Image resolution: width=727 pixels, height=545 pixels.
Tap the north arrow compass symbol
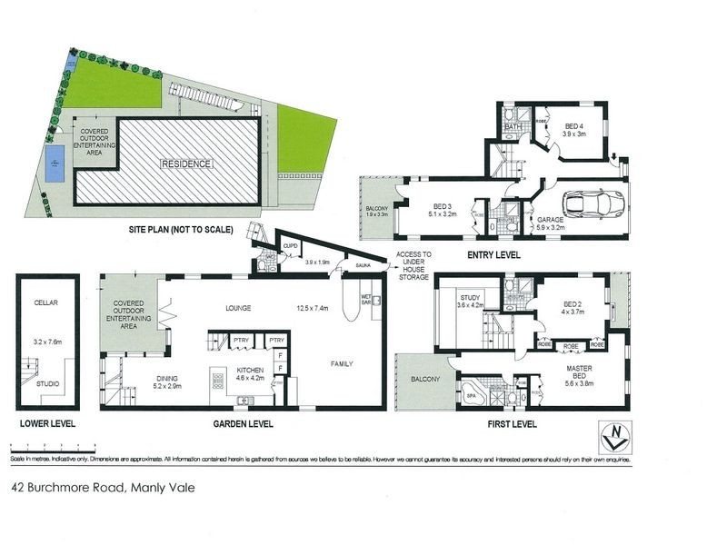click(614, 439)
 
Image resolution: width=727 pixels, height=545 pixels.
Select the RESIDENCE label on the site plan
click(187, 163)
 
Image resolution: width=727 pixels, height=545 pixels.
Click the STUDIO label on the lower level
click(47, 383)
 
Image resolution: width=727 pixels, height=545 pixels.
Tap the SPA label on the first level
click(470, 396)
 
